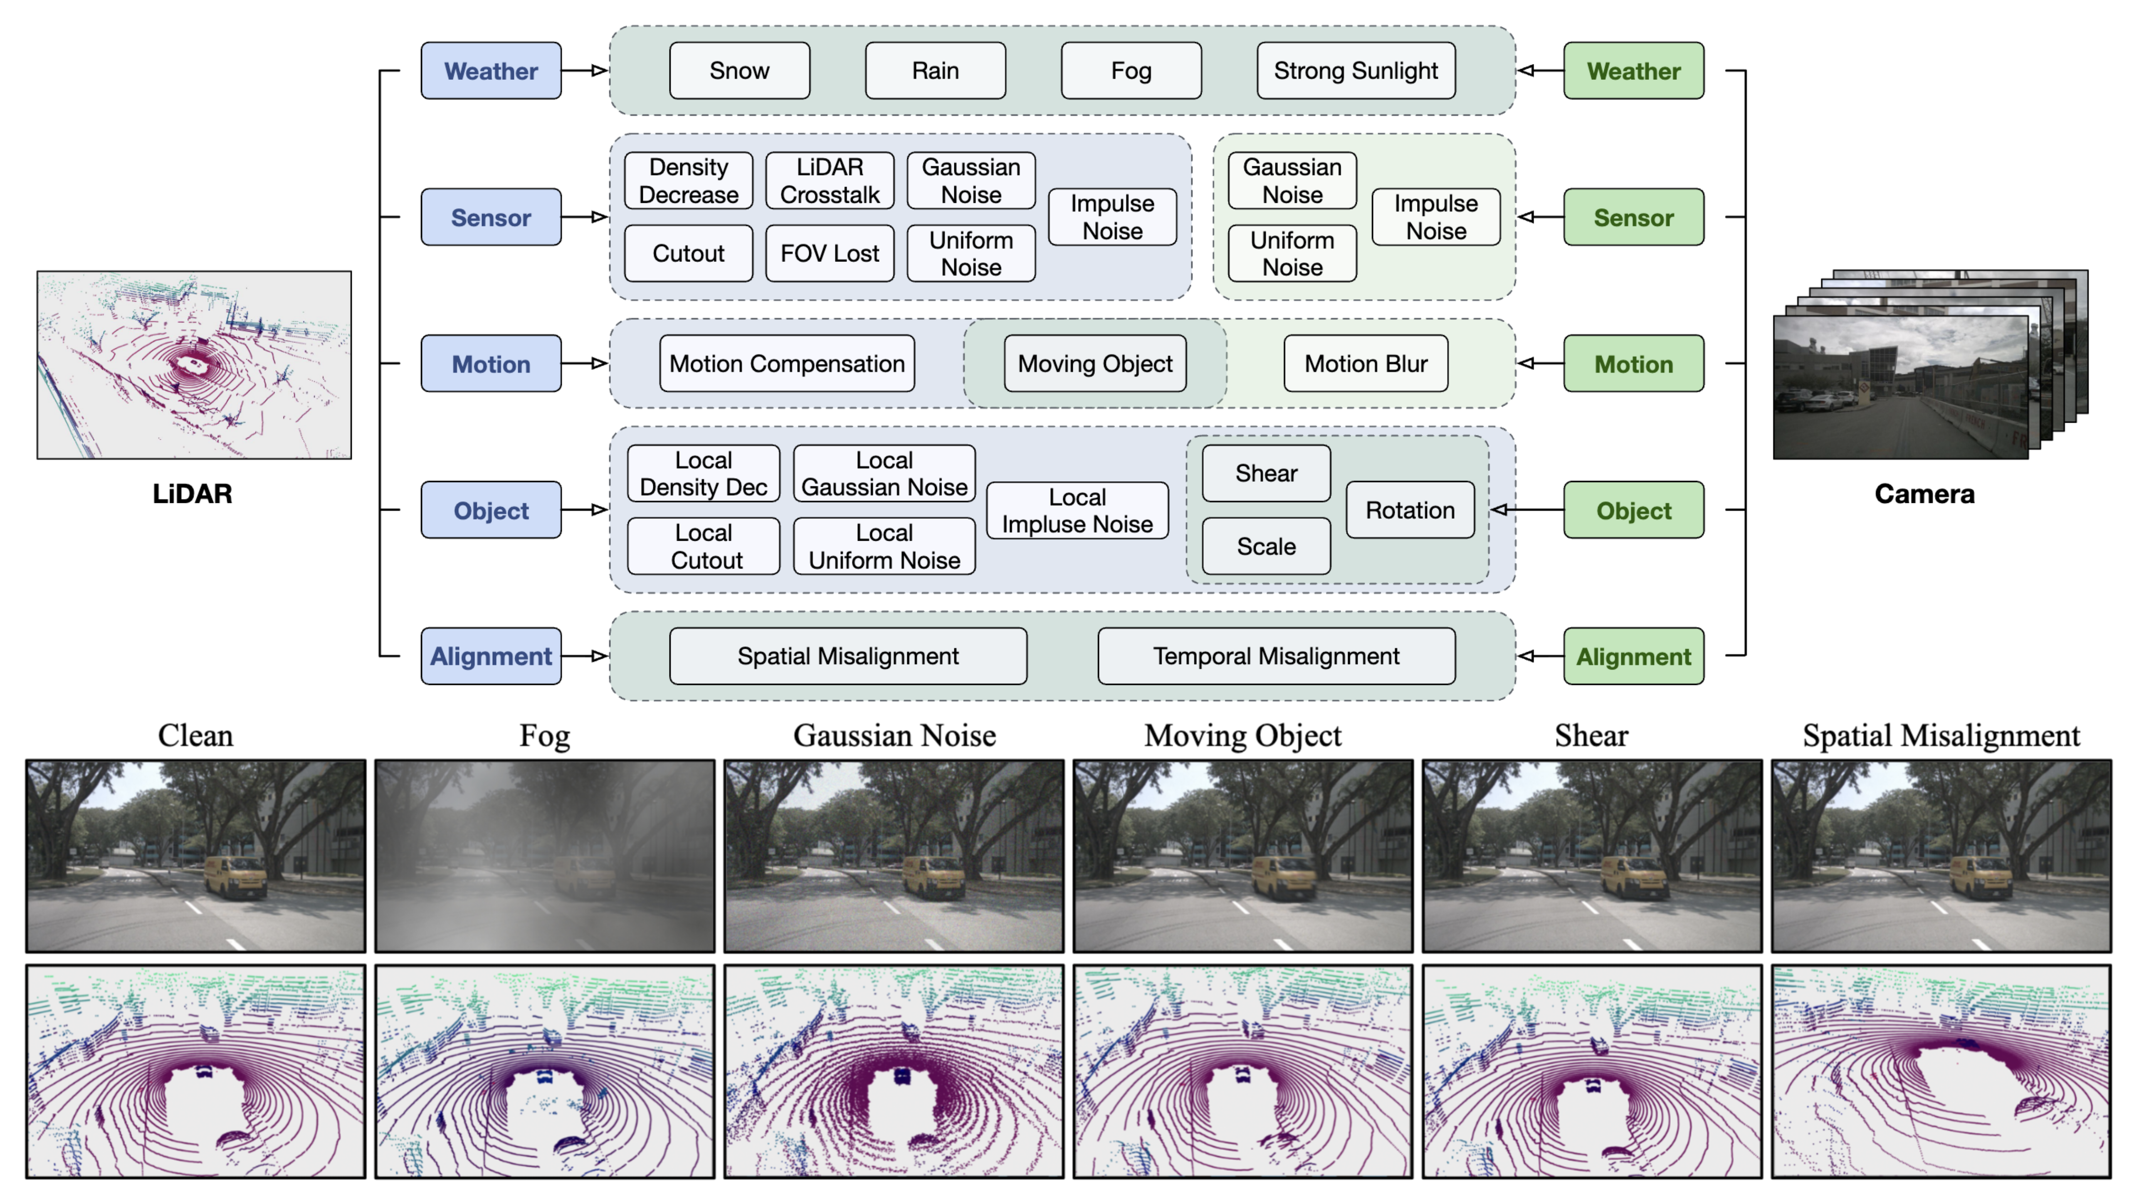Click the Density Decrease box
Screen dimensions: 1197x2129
(689, 181)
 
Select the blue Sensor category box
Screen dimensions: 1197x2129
(491, 217)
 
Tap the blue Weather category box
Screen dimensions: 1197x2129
(491, 71)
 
